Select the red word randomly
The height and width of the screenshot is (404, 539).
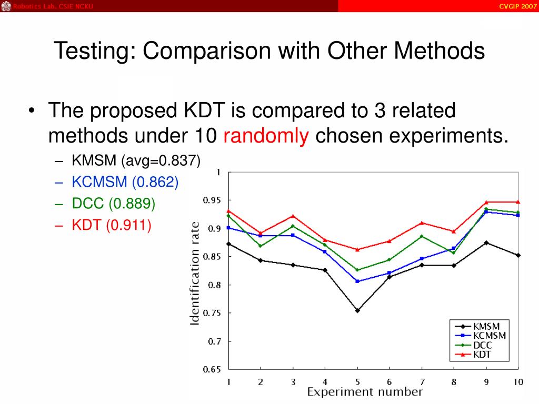(266, 136)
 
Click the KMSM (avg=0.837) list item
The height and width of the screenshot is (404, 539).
(136, 160)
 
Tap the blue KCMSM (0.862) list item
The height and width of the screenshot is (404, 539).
(125, 182)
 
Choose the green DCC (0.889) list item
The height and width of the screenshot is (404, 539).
(113, 204)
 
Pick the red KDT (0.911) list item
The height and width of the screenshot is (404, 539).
(111, 225)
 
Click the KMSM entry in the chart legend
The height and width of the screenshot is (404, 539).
(486, 326)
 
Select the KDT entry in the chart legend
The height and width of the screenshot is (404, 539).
(482, 355)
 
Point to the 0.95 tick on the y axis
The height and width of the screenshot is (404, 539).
(213, 200)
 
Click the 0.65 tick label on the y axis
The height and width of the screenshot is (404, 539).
(213, 369)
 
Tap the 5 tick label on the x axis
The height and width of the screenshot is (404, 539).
(357, 381)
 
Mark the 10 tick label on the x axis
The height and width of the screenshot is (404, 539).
(518, 381)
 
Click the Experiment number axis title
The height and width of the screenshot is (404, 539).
(365, 392)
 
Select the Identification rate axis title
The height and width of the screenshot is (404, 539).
(195, 273)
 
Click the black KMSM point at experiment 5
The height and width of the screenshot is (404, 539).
(357, 310)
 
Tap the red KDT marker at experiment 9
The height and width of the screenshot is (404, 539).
(486, 202)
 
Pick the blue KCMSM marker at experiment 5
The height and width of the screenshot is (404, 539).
(357, 281)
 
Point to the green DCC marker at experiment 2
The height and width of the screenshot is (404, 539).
(261, 246)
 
